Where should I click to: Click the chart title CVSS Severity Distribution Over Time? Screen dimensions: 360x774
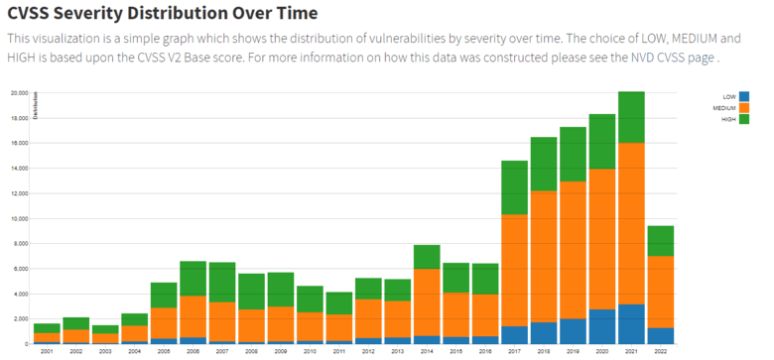pyautogui.click(x=163, y=14)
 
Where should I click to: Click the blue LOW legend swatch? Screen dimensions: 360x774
pyautogui.click(x=744, y=97)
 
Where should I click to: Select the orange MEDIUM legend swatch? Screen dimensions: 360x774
pyautogui.click(x=744, y=108)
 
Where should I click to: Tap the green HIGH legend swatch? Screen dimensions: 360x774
pyautogui.click(x=744, y=119)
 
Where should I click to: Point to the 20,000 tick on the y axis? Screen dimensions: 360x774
pyautogui.click(x=19, y=92)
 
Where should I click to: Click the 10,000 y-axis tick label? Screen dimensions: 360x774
pyautogui.click(x=19, y=218)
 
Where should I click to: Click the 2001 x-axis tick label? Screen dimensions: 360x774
pyautogui.click(x=47, y=352)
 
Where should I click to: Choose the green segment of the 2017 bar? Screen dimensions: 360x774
pyautogui.click(x=514, y=186)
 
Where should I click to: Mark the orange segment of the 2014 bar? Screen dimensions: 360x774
pyautogui.click(x=427, y=301)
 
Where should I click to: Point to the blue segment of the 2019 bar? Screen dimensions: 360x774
pyautogui.click(x=573, y=331)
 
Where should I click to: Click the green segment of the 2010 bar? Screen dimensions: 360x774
pyautogui.click(x=310, y=299)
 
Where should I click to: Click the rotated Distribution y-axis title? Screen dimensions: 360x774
pyautogui.click(x=36, y=105)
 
